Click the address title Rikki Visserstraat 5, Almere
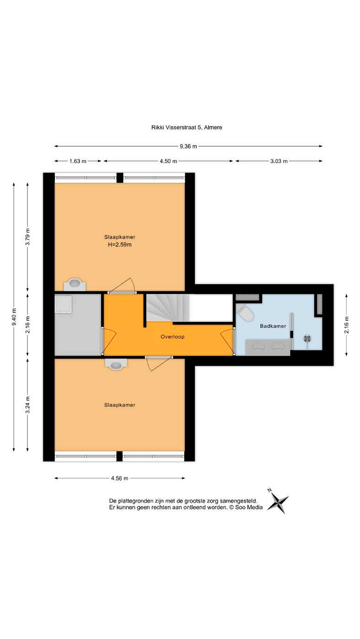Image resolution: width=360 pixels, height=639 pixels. tap(187, 128)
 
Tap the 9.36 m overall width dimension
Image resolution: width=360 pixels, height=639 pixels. tap(188, 146)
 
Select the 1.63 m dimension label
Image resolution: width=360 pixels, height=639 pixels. tap(78, 161)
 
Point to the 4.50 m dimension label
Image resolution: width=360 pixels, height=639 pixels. tap(168, 161)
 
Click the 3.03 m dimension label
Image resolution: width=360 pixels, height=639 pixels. tap(279, 161)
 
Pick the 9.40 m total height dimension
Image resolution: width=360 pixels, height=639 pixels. tap(14, 317)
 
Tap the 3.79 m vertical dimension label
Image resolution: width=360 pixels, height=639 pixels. tap(27, 237)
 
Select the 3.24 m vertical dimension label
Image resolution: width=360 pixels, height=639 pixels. tap(27, 405)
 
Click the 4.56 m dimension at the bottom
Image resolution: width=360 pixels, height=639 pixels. tap(120, 479)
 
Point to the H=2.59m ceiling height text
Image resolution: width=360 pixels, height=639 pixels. tap(120, 245)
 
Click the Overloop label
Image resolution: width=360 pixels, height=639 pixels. tap(172, 336)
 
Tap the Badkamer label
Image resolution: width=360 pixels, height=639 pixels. tap(273, 326)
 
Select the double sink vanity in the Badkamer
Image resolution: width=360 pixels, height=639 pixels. tap(268, 347)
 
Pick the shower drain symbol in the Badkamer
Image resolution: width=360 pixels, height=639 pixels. tap(307, 339)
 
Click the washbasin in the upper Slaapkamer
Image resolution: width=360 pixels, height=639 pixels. tap(75, 284)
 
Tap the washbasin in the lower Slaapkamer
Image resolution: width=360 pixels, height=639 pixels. tap(116, 364)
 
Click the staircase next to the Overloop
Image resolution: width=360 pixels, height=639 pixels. tap(168, 308)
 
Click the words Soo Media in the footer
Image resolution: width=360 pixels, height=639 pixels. tap(249, 507)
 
